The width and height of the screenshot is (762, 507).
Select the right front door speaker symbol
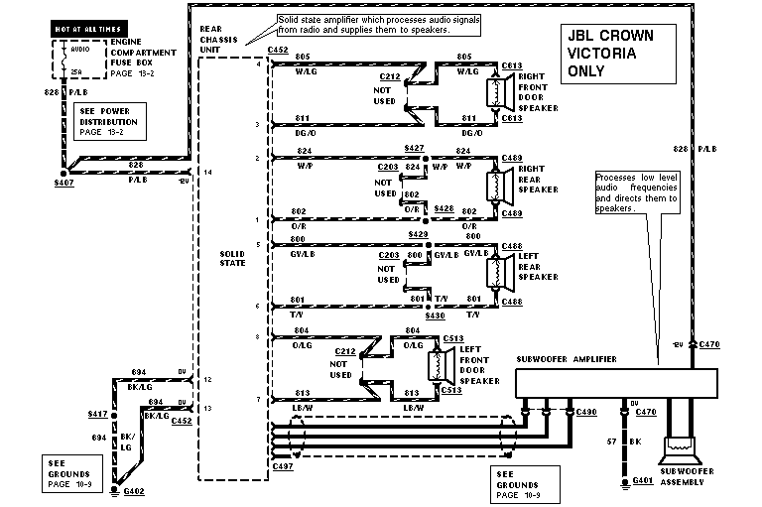pyautogui.click(x=490, y=92)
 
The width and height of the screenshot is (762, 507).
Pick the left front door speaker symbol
pyautogui.click(x=435, y=365)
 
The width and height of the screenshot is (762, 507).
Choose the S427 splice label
pyautogui.click(x=415, y=148)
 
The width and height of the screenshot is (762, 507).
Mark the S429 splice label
pyautogui.click(x=417, y=233)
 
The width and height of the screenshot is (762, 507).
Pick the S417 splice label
pyautogui.click(x=97, y=413)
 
